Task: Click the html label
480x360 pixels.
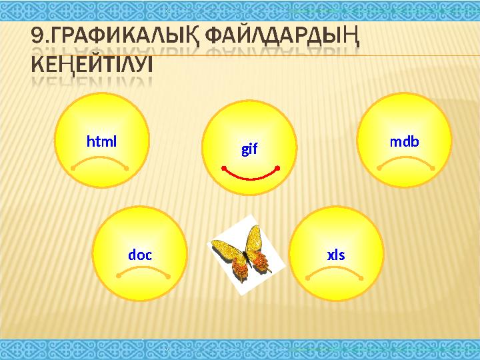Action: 101,141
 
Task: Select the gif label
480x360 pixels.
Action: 249,149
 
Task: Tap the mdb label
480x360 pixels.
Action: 404,141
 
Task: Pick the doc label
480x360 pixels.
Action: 140,255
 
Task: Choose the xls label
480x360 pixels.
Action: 336,255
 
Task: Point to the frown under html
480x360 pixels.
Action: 100,161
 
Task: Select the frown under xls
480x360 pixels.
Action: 333,270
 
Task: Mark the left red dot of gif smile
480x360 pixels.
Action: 223,167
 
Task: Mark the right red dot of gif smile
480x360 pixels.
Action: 277,167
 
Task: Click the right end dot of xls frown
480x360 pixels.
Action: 361,278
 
